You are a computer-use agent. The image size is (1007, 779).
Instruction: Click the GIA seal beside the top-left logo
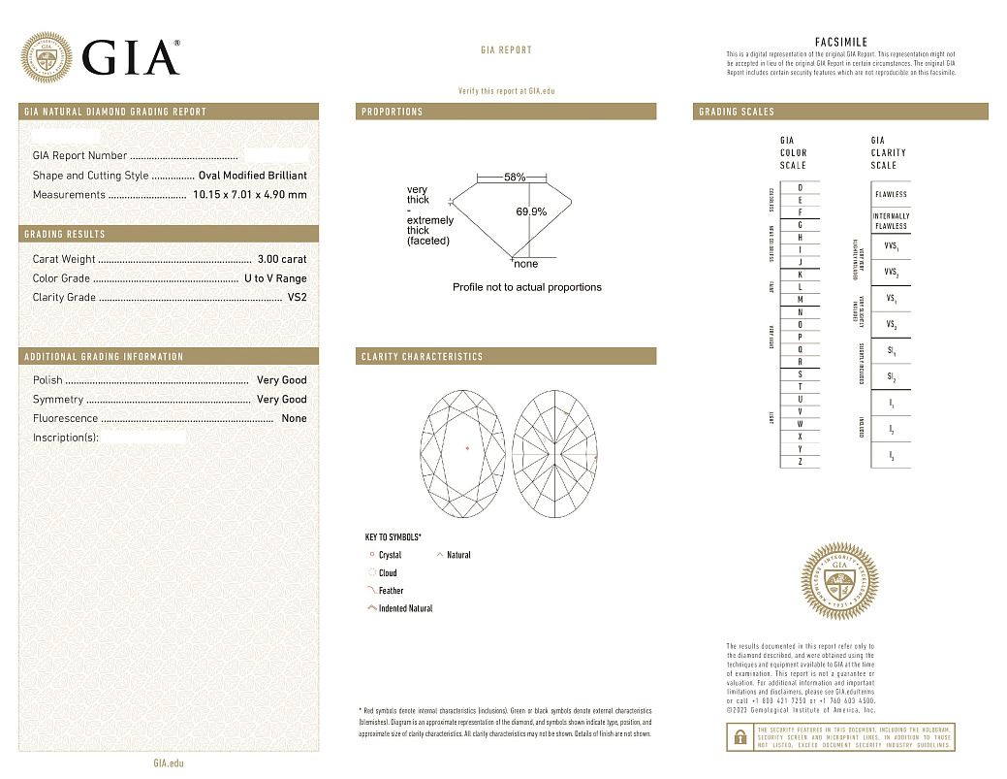[46, 57]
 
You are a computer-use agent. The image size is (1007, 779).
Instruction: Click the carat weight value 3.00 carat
[282, 259]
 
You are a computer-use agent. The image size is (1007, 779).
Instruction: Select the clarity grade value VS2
[297, 298]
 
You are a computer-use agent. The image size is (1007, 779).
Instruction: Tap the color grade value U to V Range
[275, 278]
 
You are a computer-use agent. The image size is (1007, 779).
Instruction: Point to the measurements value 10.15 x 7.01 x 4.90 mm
[250, 195]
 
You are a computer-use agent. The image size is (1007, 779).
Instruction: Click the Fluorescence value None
[294, 419]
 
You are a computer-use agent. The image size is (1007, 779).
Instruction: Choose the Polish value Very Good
[281, 380]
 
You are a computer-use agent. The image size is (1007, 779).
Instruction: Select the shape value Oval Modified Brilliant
[252, 176]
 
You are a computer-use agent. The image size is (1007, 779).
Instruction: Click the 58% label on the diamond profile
[515, 179]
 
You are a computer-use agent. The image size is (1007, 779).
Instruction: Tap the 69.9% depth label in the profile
[531, 211]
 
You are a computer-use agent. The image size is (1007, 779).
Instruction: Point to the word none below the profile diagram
[525, 264]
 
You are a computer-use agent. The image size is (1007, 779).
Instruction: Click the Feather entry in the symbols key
[391, 591]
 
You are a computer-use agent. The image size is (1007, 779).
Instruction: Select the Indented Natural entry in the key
[405, 608]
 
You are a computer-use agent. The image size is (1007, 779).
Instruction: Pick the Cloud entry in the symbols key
[388, 573]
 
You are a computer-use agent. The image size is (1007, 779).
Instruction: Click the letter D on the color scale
[800, 187]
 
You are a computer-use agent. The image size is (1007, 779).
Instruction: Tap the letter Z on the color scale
[800, 462]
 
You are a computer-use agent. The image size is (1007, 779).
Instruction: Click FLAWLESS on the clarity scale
[891, 194]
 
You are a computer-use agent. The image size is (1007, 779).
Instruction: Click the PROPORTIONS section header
[393, 112]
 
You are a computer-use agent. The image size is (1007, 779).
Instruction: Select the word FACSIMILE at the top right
[840, 42]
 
